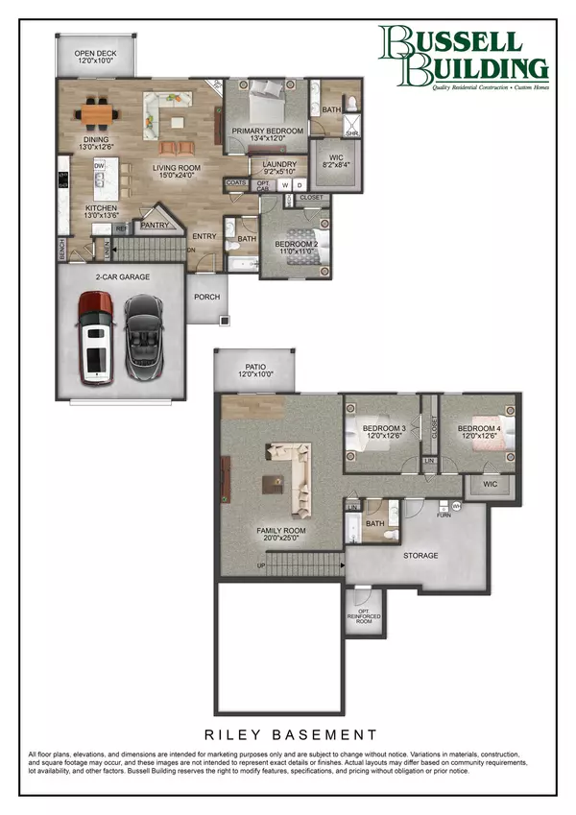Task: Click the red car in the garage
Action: click(x=95, y=339)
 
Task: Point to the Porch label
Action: click(x=207, y=297)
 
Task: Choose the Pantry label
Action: click(x=155, y=226)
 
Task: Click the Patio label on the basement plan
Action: click(x=254, y=370)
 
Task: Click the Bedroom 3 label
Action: click(x=384, y=432)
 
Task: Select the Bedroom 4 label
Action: click(x=478, y=432)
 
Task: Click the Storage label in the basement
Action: click(x=420, y=556)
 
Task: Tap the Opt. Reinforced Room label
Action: click(x=360, y=611)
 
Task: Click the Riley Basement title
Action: click(x=288, y=734)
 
